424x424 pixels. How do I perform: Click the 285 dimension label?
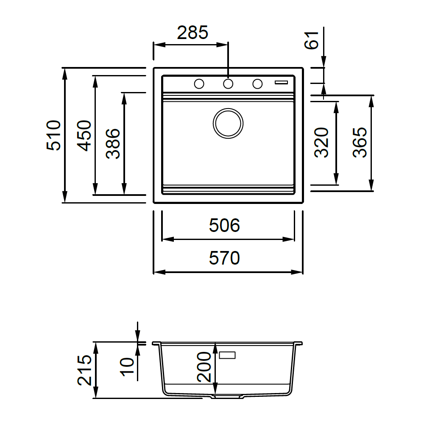192,33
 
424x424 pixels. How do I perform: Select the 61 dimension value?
312,40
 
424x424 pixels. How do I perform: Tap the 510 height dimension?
53,135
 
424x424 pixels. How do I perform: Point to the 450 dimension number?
84,136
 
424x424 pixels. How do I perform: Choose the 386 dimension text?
113,144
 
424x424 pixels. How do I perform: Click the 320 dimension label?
321,142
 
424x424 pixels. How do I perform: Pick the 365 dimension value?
360,142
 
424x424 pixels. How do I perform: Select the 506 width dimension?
224,225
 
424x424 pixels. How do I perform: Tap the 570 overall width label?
224,258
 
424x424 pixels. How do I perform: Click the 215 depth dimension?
85,370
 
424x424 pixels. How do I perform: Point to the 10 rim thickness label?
127,367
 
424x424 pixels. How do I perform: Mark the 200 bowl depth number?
204,367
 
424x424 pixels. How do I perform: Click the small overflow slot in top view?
281,82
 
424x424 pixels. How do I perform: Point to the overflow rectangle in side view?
227,355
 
